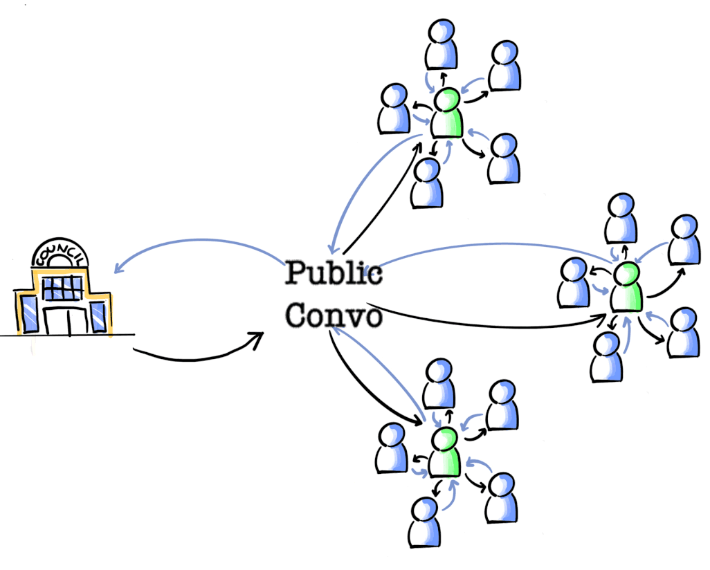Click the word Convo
coord(334,315)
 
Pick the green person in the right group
coord(626,287)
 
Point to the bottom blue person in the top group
coord(426,183)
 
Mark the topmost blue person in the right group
coord(621,219)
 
